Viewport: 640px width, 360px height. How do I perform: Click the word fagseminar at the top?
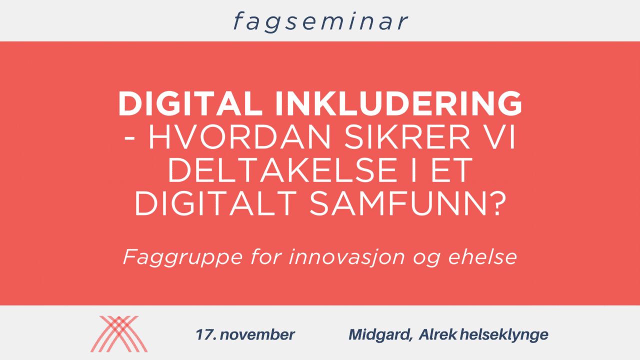click(321, 22)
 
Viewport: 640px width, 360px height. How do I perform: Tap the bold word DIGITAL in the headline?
click(190, 103)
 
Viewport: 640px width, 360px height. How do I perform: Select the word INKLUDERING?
click(399, 103)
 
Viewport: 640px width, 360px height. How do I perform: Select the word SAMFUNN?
click(398, 203)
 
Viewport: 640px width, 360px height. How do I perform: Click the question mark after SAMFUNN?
click(497, 203)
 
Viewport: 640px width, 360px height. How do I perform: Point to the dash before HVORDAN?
click(129, 139)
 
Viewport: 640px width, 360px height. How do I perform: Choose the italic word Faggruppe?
click(183, 257)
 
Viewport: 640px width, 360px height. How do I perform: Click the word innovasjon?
click(347, 257)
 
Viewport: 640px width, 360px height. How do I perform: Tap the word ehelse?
click(482, 257)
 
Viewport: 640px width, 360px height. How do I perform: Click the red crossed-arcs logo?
click(119, 333)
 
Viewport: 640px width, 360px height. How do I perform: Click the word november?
click(257, 334)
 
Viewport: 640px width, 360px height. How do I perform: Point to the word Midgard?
click(380, 335)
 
